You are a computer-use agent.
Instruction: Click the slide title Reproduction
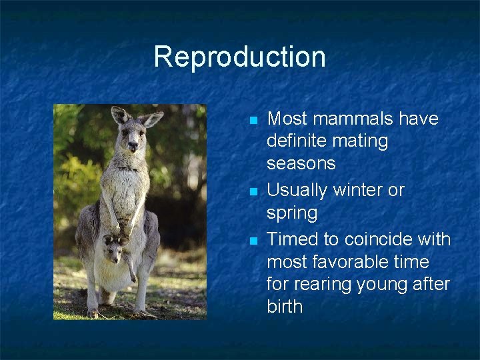pyautogui.click(x=239, y=57)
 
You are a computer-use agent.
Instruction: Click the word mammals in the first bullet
pyautogui.click(x=349, y=119)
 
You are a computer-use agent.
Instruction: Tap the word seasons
pyautogui.click(x=301, y=163)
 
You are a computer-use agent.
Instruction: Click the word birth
pyautogui.click(x=285, y=307)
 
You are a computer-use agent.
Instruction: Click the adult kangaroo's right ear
pyautogui.click(x=119, y=115)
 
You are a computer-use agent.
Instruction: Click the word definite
pyautogui.click(x=298, y=141)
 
